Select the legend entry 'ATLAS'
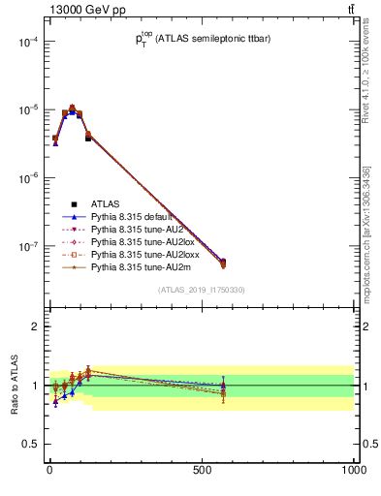pos(106,204)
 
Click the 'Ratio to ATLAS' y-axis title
pos(15,387)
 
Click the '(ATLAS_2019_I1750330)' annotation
pos(201,290)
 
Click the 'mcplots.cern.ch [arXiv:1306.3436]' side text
pos(365,246)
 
